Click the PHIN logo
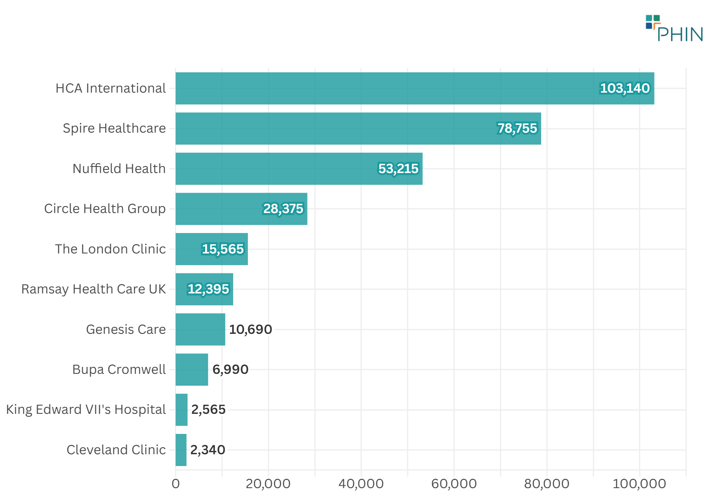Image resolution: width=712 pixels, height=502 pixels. [674, 29]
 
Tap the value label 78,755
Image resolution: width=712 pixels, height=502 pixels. [517, 128]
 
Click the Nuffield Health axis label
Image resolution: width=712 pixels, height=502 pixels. [119, 169]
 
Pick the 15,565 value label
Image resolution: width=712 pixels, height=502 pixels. [223, 249]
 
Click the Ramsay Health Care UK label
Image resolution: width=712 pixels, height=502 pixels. [93, 289]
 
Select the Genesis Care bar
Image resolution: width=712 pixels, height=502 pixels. [200, 329]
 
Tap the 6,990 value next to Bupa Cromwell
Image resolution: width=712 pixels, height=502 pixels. [230, 369]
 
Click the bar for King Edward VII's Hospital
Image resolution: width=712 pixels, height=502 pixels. [181, 409]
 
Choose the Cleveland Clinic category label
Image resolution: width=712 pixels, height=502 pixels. [116, 450]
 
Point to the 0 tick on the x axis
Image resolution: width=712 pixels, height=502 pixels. [176, 484]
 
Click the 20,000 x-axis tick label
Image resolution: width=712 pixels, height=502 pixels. [268, 484]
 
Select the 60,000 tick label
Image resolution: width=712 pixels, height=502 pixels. [454, 484]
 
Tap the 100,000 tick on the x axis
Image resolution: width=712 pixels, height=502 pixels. [639, 484]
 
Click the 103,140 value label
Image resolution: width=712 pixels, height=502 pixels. [624, 88]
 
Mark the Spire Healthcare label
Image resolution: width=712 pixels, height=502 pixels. [114, 128]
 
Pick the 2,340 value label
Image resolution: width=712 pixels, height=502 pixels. [208, 450]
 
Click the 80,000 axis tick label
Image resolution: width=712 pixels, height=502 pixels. [546, 484]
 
